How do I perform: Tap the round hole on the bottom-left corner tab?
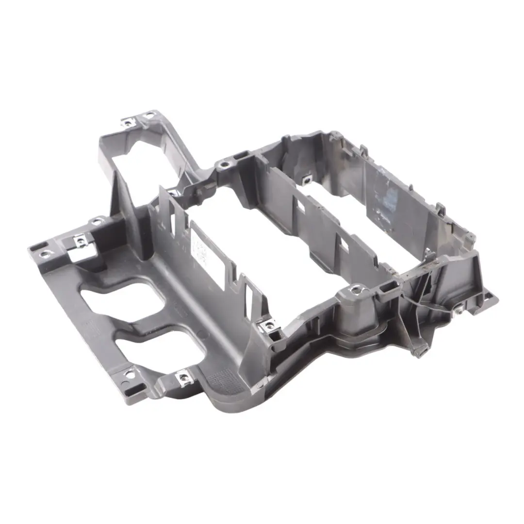coord(130,373)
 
